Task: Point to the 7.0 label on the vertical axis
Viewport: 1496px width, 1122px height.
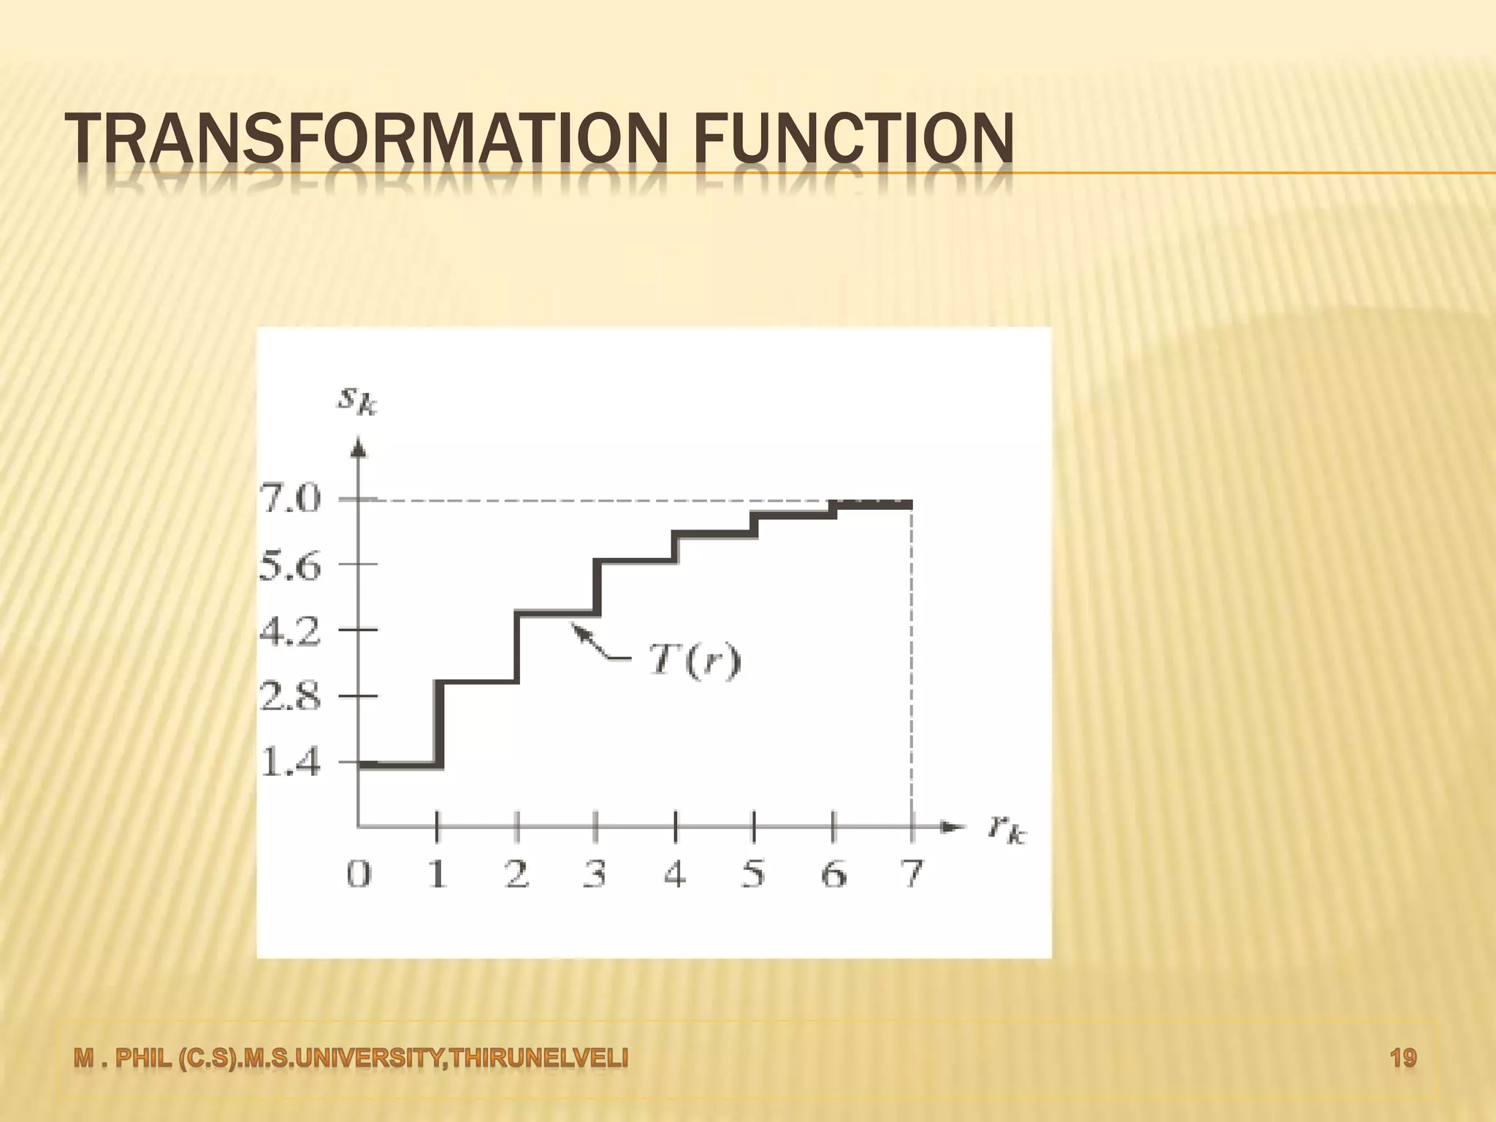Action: pos(290,500)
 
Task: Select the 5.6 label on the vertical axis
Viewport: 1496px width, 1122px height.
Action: pos(290,565)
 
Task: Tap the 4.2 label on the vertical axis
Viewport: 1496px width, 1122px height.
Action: pos(290,631)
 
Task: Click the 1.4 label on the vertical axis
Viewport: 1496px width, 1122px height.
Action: pos(290,764)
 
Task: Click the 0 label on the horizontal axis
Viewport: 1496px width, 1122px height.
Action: pos(358,874)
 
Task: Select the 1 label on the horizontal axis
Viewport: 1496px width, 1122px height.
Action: pos(437,874)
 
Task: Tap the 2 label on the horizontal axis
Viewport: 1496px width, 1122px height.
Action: pos(516,874)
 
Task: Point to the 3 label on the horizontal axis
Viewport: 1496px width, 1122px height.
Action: pos(595,874)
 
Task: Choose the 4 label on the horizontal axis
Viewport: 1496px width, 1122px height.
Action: pos(675,874)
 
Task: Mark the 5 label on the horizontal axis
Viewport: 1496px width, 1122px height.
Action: pos(754,874)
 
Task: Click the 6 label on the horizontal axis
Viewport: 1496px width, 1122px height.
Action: pos(833,874)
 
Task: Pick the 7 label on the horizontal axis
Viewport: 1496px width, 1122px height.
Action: pos(912,874)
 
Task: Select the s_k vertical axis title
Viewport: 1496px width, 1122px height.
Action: pos(356,400)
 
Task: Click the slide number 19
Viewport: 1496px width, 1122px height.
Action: pos(1403,1058)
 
